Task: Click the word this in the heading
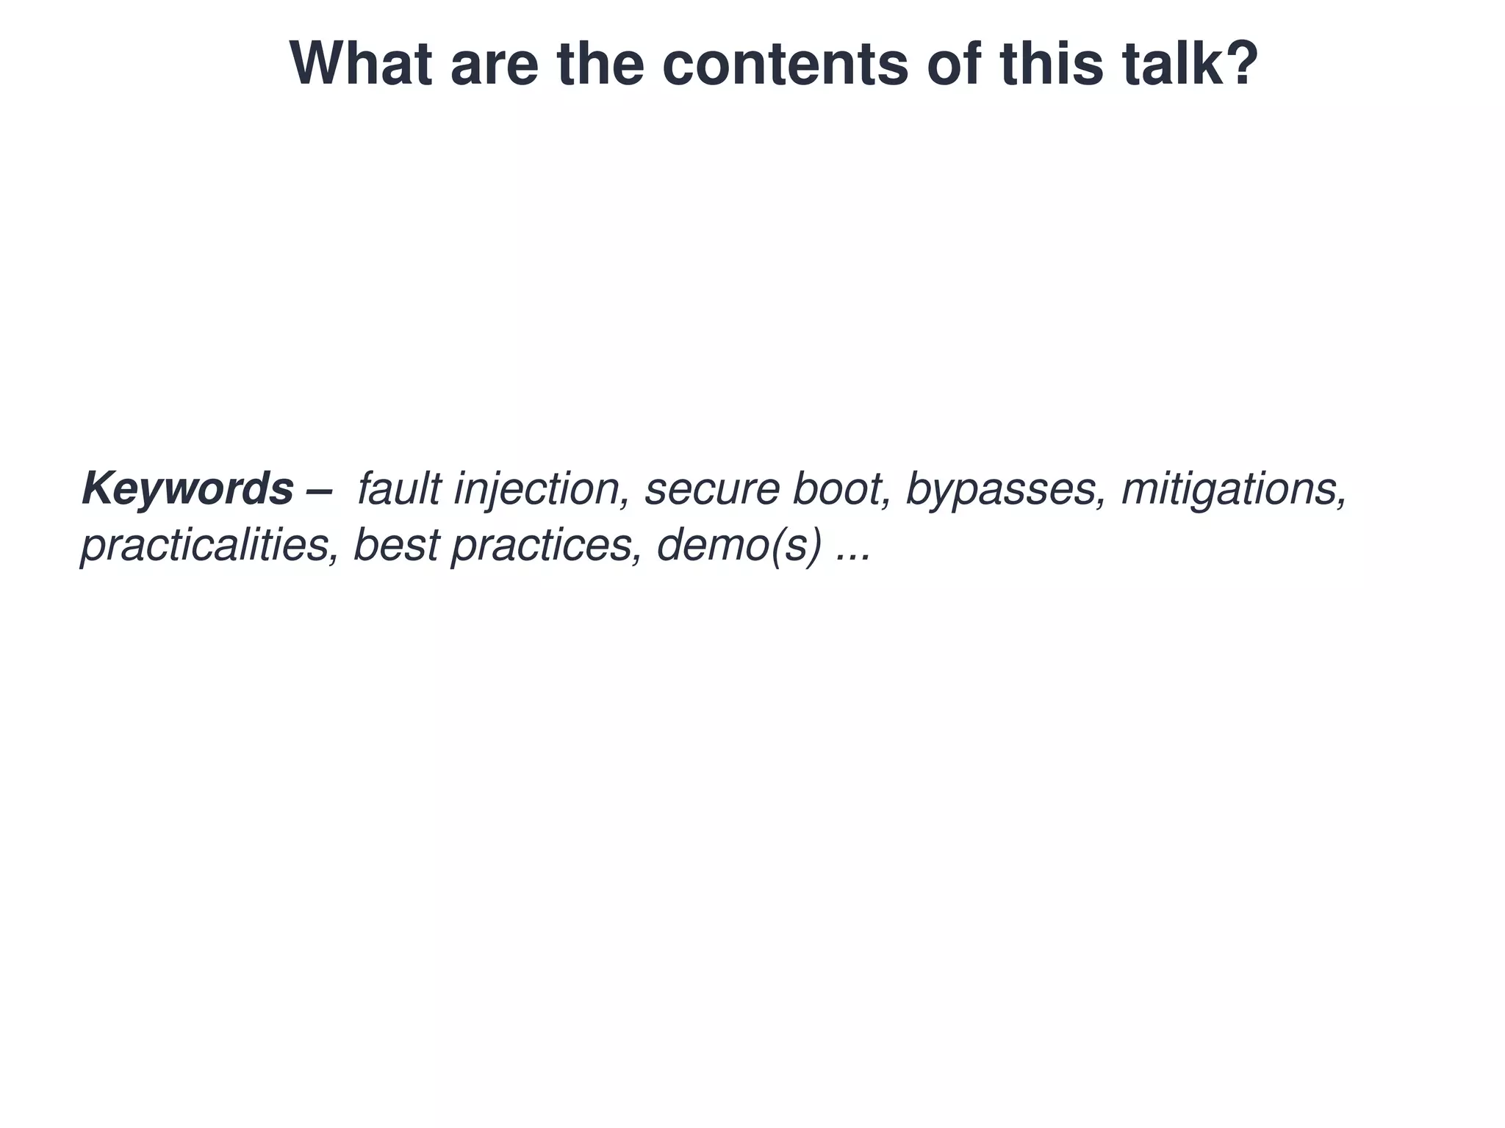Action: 1051,64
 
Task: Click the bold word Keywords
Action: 187,489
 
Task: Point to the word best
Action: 396,546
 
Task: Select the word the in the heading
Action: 600,64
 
